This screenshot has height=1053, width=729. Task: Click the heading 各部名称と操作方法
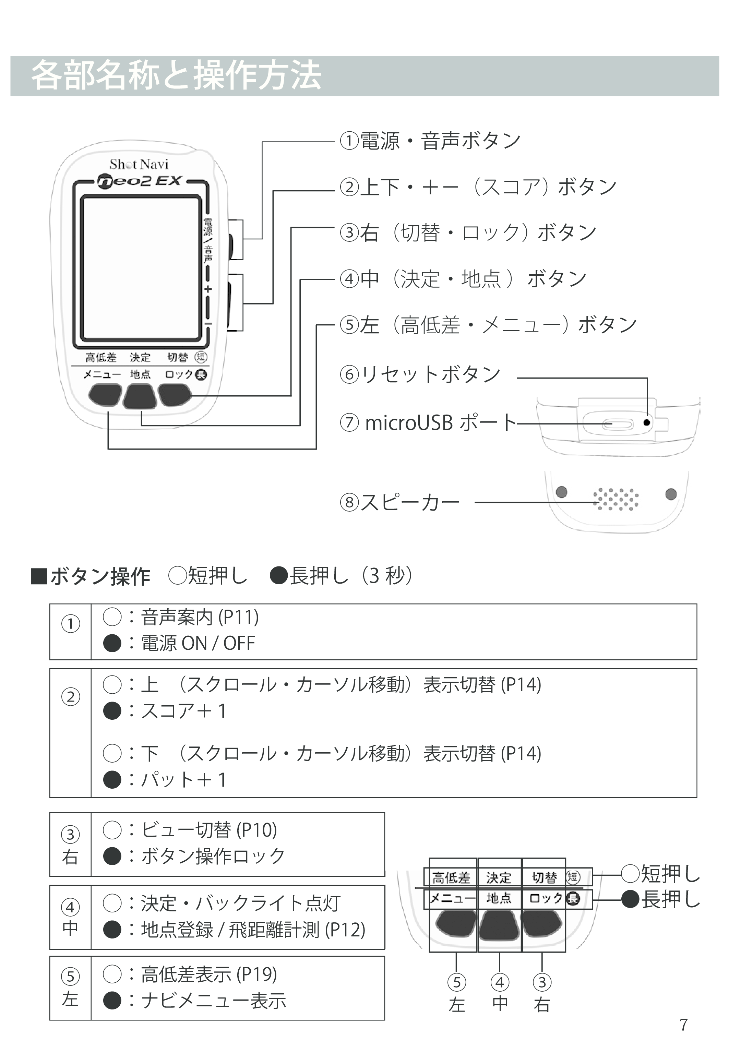[176, 76]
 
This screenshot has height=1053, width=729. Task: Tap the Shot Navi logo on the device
[139, 164]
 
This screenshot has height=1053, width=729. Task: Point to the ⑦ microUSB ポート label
[428, 423]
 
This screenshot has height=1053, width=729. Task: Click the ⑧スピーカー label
[400, 502]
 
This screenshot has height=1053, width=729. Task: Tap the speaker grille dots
[616, 499]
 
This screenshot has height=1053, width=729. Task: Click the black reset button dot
[646, 422]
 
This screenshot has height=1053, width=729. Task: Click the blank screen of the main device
[141, 268]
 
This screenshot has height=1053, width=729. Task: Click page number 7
[683, 1025]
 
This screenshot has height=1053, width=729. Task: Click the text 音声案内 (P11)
[200, 617]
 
